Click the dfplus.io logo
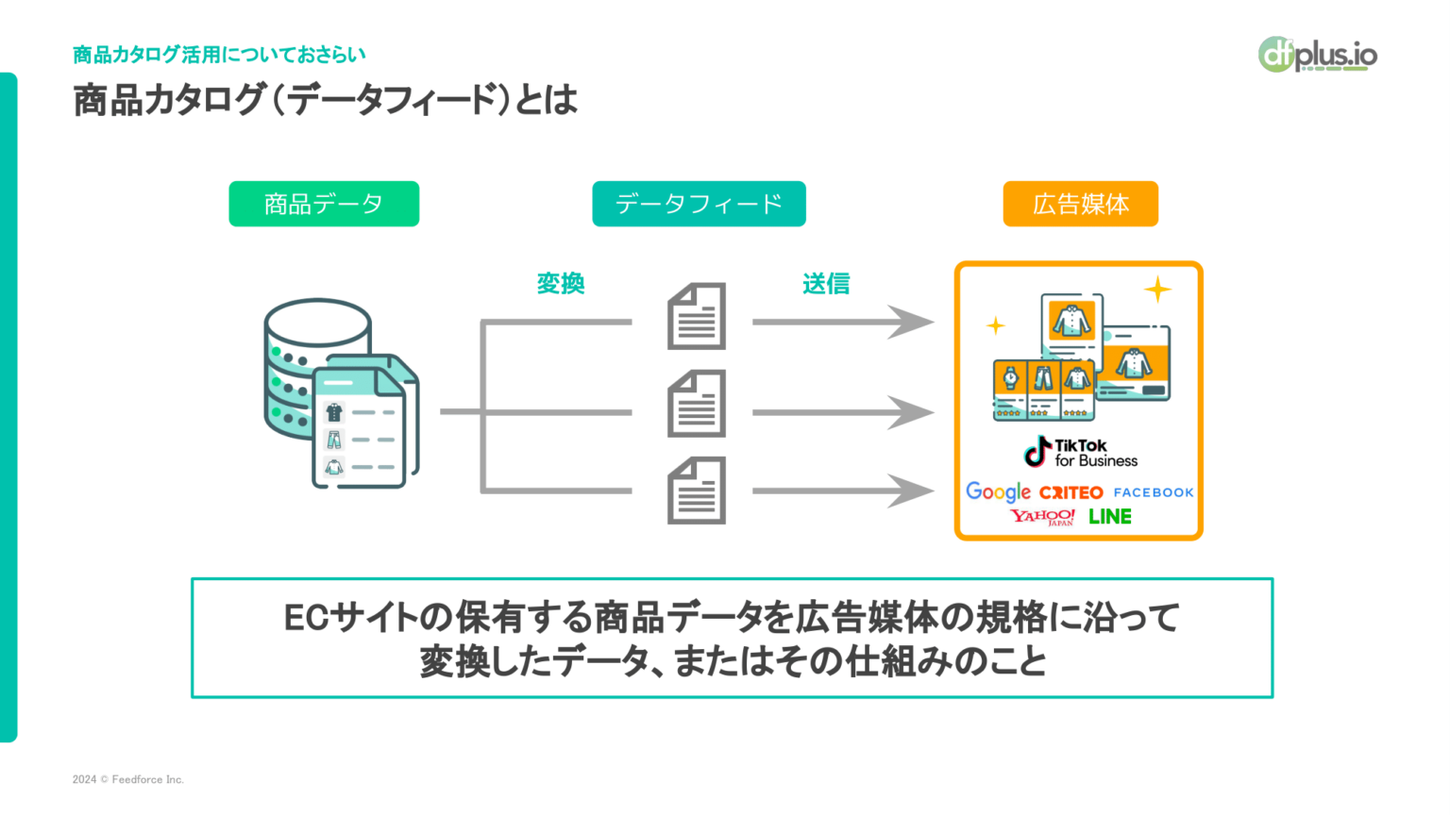tap(1318, 55)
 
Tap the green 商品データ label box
tap(324, 204)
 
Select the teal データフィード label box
tap(699, 204)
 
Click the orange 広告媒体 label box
tap(1080, 204)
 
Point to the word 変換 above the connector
tap(561, 283)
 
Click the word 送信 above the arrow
tap(826, 283)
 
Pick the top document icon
tap(697, 316)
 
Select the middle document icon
tap(697, 404)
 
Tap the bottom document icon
tap(697, 491)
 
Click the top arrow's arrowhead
tap(912, 322)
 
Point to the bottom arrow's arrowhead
tap(912, 491)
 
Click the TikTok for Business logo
tap(1080, 453)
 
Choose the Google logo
tap(998, 491)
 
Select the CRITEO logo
tap(1071, 492)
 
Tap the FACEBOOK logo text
tap(1153, 492)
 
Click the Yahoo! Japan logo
tap(1042, 517)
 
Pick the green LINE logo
tap(1110, 517)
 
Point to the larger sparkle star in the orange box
tap(1157, 289)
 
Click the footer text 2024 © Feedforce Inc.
tap(128, 779)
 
